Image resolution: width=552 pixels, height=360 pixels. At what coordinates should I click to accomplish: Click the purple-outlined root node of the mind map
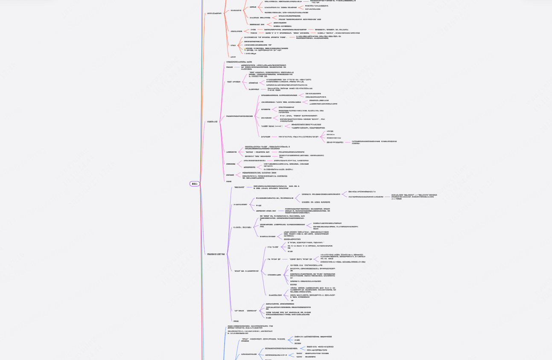[x=195, y=184]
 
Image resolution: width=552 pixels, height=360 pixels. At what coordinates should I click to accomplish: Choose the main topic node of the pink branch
[x=212, y=122]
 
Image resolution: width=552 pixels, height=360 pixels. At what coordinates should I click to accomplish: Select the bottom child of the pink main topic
[x=229, y=181]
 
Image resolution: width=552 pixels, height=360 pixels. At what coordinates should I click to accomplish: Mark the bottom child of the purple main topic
[x=236, y=321]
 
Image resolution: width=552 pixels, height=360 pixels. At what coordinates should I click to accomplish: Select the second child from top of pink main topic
[x=229, y=67]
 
